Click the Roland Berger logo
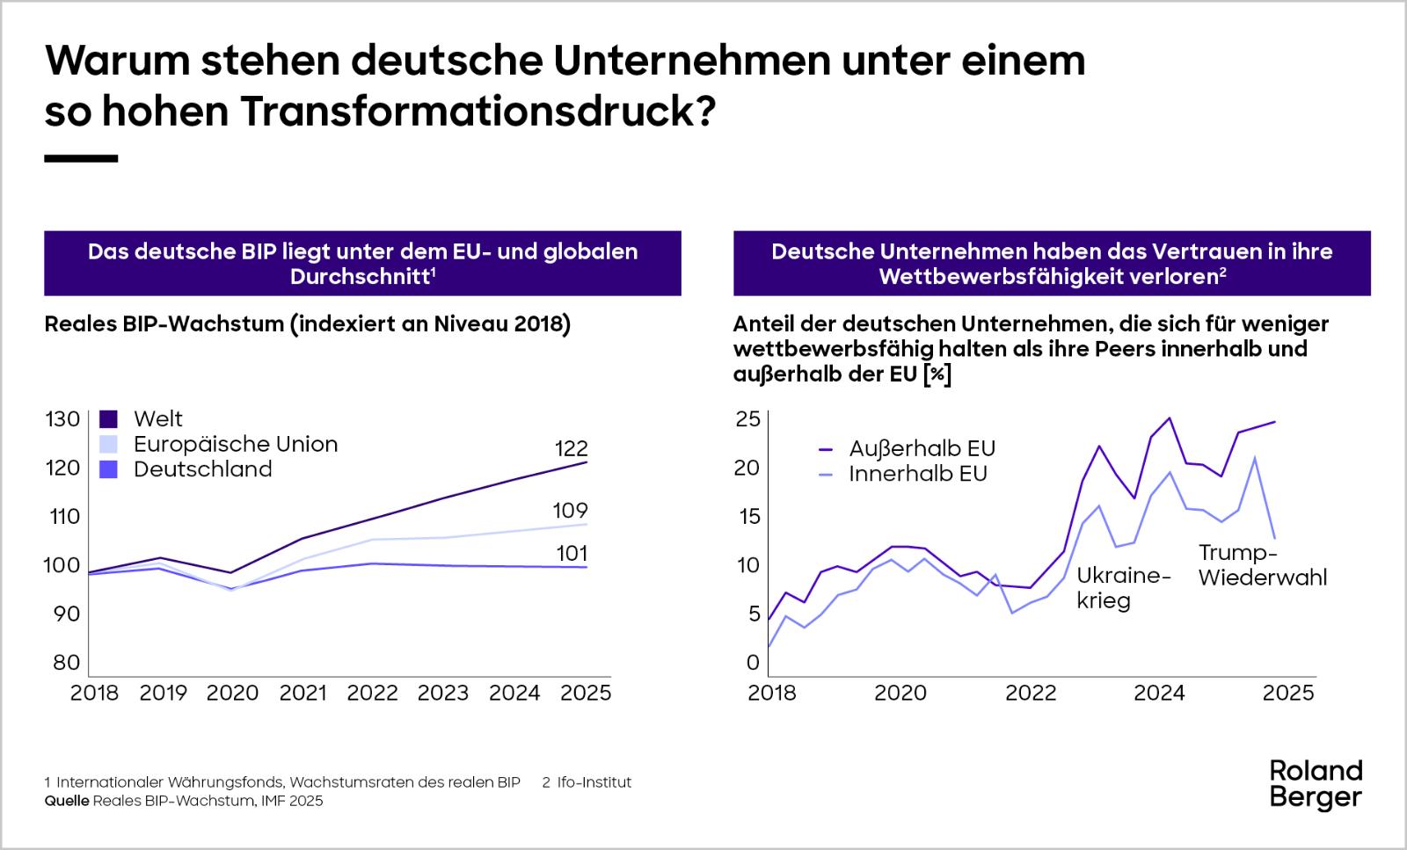(x=1316, y=784)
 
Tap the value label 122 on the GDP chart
(x=571, y=448)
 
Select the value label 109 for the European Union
(x=571, y=511)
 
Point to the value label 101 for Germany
(x=571, y=554)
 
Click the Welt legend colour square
(x=109, y=418)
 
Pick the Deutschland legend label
(x=202, y=469)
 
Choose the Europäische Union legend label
(x=235, y=444)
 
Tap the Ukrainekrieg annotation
(x=1124, y=588)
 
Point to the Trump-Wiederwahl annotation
(x=1262, y=565)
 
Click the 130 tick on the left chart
(x=62, y=419)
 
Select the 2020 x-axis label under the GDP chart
(x=232, y=694)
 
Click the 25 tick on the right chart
(x=747, y=419)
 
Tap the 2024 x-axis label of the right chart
(x=1159, y=694)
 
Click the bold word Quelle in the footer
(x=66, y=801)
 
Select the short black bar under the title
(x=81, y=159)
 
